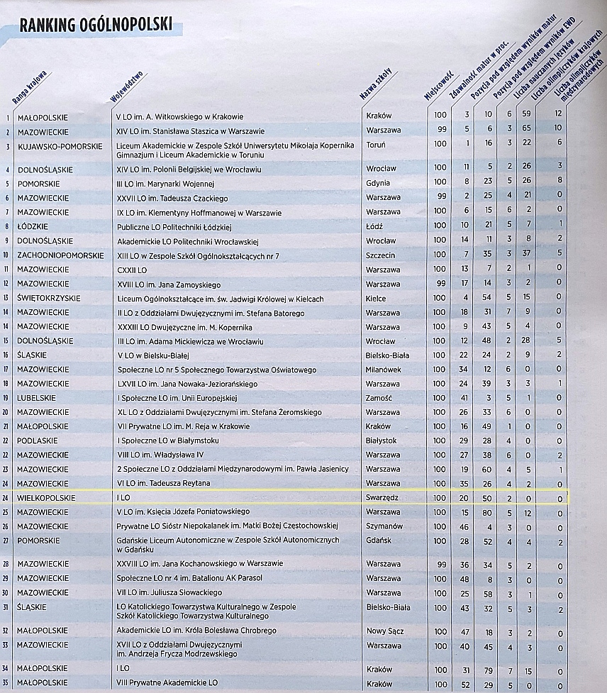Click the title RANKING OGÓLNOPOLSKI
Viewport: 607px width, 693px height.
tap(96, 26)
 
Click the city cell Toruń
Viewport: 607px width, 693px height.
tap(376, 144)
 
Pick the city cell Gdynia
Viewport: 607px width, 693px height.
tap(378, 183)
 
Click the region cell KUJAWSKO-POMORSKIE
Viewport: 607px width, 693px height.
tap(59, 144)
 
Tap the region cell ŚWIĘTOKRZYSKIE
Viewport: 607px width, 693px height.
tap(49, 299)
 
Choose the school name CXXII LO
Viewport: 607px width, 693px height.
tap(131, 270)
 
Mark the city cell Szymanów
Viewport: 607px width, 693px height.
tap(384, 527)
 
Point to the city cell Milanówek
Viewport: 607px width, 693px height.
tap(384, 369)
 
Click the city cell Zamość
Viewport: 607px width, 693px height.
tap(379, 398)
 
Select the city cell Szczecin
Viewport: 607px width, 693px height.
tap(381, 255)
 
